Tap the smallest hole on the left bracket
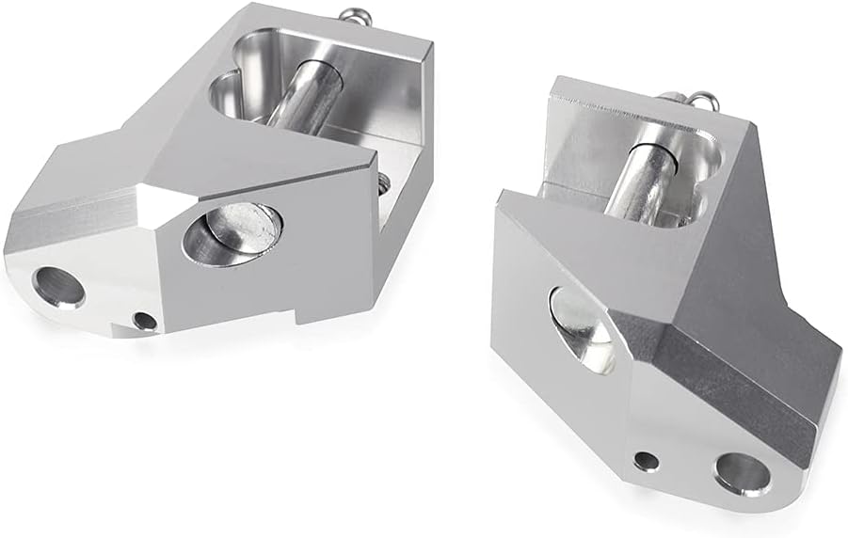[x=144, y=321]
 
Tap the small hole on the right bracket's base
[x=646, y=461]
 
